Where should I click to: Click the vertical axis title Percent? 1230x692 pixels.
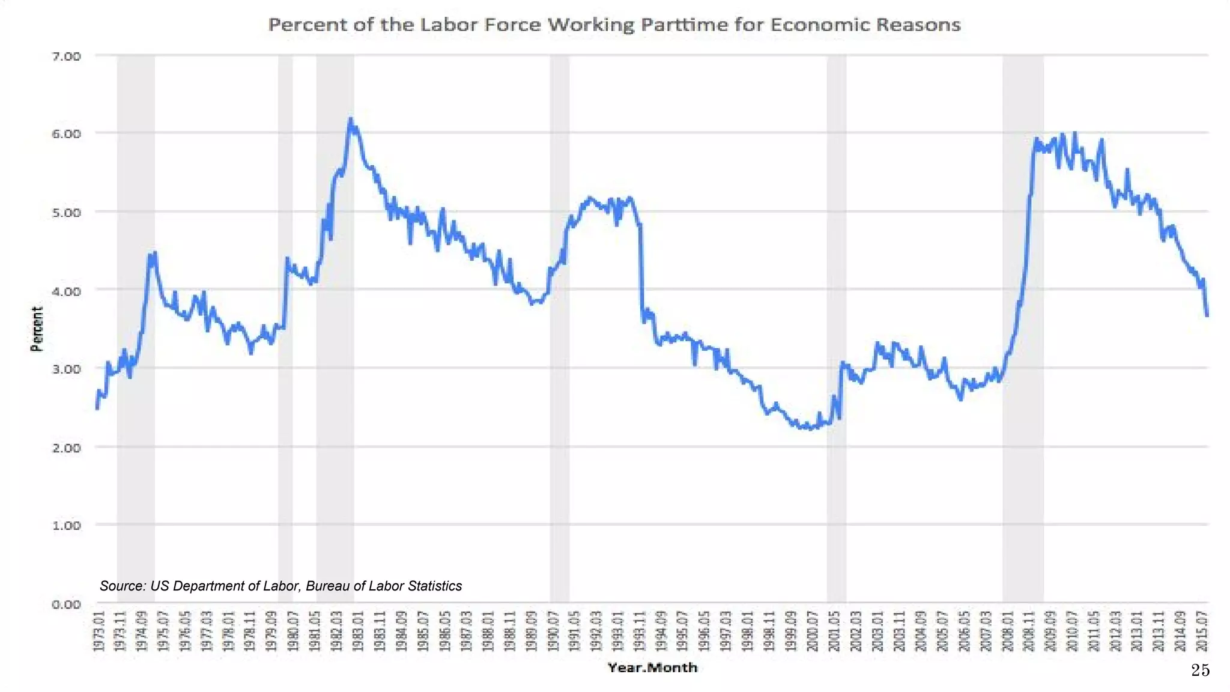(x=37, y=329)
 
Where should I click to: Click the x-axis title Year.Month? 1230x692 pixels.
(x=652, y=667)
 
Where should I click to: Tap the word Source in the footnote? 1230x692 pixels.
(x=122, y=586)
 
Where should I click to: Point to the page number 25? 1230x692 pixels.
(x=1200, y=670)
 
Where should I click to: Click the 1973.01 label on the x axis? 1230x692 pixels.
(x=99, y=631)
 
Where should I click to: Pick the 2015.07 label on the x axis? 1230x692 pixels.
(x=1202, y=631)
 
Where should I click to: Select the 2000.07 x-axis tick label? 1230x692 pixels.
(x=813, y=631)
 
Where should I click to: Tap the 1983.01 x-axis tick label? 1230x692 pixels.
(x=359, y=631)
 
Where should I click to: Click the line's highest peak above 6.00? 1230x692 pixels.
(x=351, y=119)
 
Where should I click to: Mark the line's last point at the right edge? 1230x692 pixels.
(x=1207, y=315)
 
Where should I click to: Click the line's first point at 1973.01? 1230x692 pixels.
(x=97, y=408)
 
